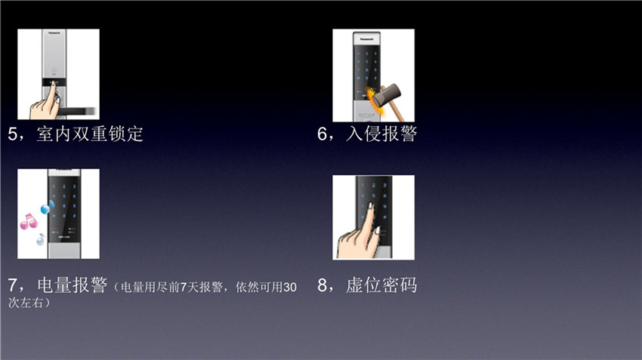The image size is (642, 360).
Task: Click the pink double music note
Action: pyautogui.click(x=29, y=221)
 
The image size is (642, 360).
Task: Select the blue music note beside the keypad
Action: pyautogui.click(x=47, y=208)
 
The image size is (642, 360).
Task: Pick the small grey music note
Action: pyautogui.click(x=41, y=239)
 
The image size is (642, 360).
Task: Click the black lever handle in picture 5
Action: pyautogui.click(x=76, y=111)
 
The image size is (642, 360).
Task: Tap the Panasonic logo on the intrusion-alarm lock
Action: pyautogui.click(x=366, y=39)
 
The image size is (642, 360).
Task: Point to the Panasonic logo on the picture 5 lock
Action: pyautogui.click(x=54, y=32)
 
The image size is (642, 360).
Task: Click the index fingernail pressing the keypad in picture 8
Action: pyautogui.click(x=371, y=206)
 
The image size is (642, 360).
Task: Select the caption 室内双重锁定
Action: pyautogui.click(x=90, y=134)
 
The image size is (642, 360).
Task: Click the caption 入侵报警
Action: pyautogui.click(x=381, y=134)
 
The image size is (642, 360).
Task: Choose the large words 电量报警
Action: pyautogui.click(x=72, y=285)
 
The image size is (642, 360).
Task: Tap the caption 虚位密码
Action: pyautogui.click(x=381, y=285)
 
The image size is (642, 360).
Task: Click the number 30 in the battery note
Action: pyautogui.click(x=290, y=288)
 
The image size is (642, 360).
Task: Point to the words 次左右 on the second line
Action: pyautogui.click(x=26, y=303)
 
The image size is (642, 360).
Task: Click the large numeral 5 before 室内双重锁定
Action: pyautogui.click(x=13, y=134)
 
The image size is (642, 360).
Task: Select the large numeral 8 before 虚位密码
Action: pyautogui.click(x=323, y=285)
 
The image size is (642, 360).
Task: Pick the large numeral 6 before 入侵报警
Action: pyautogui.click(x=323, y=134)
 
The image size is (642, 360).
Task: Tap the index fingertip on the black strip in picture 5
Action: pyautogui.click(x=53, y=84)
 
